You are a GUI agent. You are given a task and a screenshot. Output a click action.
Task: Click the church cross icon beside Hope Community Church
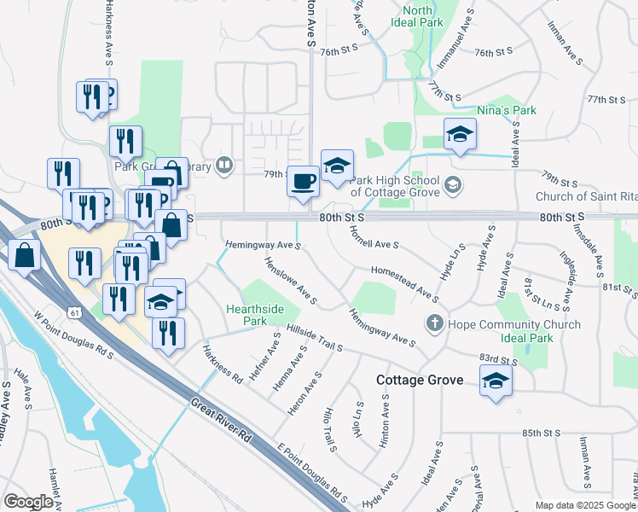pos(434,324)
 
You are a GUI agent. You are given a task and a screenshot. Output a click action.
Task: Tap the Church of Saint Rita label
pos(586,196)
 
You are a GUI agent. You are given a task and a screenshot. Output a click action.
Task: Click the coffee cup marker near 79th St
pos(302,181)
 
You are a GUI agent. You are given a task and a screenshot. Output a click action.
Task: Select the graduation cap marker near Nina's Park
pos(460,134)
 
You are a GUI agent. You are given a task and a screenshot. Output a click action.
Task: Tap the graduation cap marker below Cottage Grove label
pos(495,381)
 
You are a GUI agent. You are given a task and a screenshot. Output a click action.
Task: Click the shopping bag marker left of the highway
pos(26,254)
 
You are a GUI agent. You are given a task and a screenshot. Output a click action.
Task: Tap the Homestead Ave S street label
pos(404,284)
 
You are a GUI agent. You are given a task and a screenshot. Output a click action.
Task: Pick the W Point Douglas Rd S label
pos(74,334)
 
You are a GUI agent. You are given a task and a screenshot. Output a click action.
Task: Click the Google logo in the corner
pos(28,503)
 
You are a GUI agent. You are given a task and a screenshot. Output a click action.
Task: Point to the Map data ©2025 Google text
pos(585,505)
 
